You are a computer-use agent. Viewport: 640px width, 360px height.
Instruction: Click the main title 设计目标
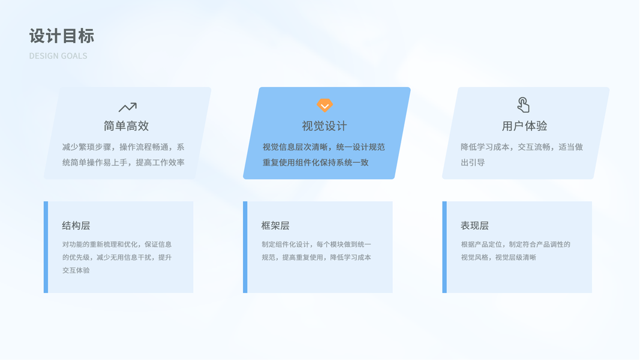pyautogui.click(x=62, y=36)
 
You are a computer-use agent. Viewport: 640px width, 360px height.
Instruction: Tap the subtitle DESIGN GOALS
pyautogui.click(x=58, y=56)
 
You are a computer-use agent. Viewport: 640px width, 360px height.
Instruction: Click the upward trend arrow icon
pyautogui.click(x=128, y=107)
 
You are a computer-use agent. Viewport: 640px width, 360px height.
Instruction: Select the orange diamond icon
pyautogui.click(x=325, y=106)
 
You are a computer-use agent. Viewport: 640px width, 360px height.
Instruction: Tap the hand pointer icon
pyautogui.click(x=523, y=105)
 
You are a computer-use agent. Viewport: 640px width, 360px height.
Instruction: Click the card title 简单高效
pyautogui.click(x=126, y=126)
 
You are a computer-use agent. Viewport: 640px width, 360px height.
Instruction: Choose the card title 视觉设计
pyautogui.click(x=324, y=126)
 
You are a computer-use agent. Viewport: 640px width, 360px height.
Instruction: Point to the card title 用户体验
pyautogui.click(x=524, y=126)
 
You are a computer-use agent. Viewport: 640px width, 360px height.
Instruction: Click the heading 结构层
pyautogui.click(x=76, y=226)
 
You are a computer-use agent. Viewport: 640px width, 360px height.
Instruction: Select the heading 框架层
pyautogui.click(x=275, y=226)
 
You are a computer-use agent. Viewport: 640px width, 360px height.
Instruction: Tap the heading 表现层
pyautogui.click(x=474, y=226)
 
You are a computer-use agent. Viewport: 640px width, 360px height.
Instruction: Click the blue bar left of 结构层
pyautogui.click(x=46, y=247)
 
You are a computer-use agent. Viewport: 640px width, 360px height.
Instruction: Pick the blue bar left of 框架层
pyautogui.click(x=245, y=247)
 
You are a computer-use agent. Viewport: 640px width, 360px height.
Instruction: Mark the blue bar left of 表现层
pyautogui.click(x=444, y=247)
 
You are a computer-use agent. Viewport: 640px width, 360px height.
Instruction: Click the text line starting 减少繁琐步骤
pyautogui.click(x=124, y=147)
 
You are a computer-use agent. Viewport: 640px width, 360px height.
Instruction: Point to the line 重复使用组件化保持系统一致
pyautogui.click(x=316, y=163)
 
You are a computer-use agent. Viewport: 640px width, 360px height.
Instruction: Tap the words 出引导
pyautogui.click(x=473, y=163)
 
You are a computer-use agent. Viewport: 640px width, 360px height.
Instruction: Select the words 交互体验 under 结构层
pyautogui.click(x=76, y=270)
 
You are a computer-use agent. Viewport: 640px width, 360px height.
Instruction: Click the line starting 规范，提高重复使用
pyautogui.click(x=316, y=257)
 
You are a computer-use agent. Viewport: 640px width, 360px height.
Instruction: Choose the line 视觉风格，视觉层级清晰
pyautogui.click(x=498, y=257)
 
